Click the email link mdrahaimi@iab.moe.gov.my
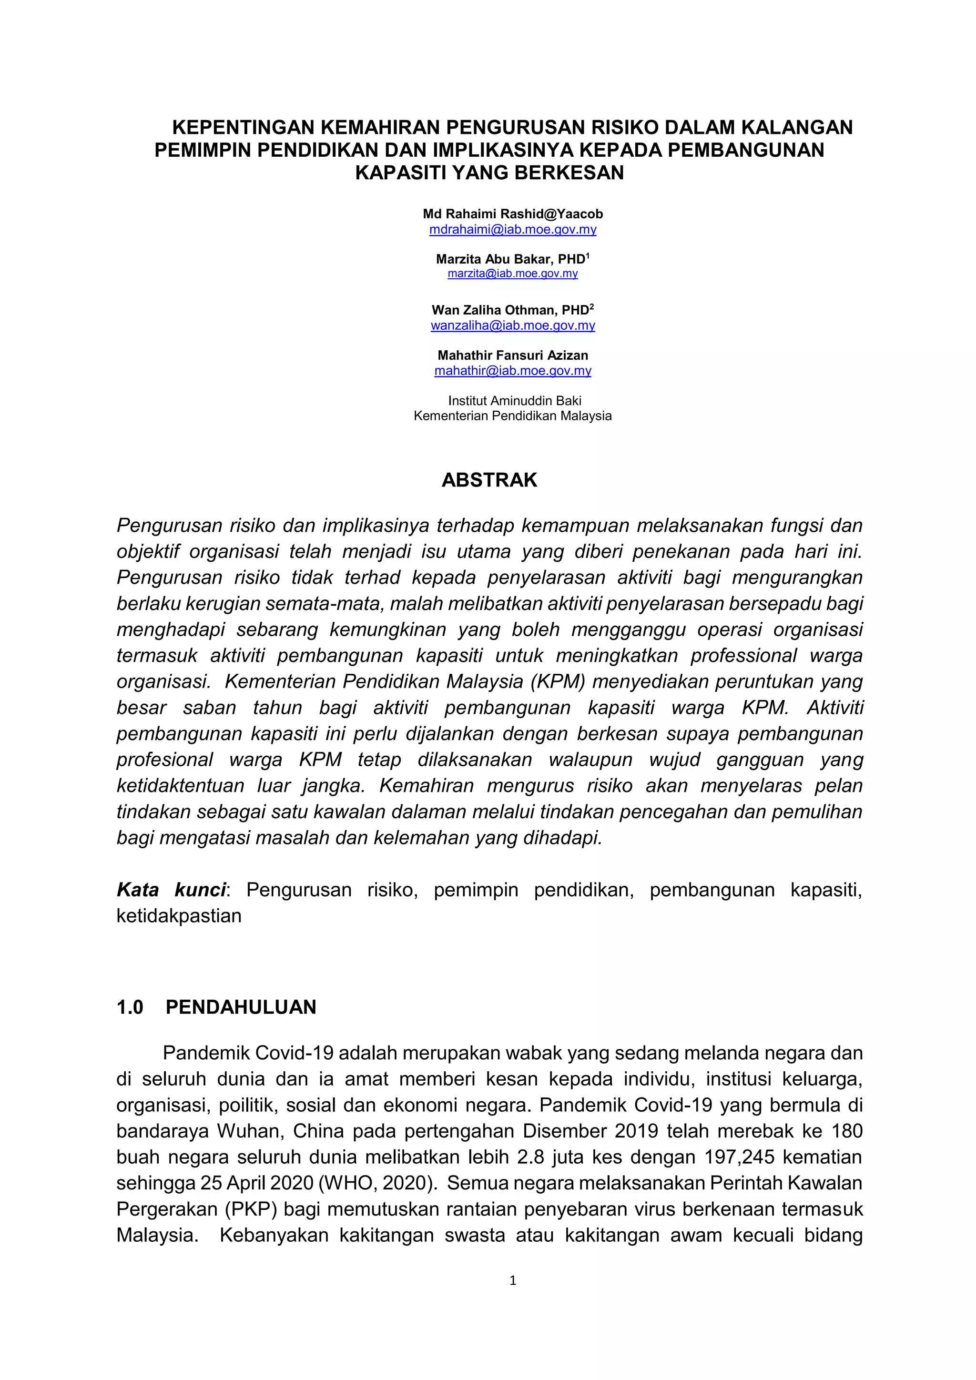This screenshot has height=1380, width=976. pos(513,230)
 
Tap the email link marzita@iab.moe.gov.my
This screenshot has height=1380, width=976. pos(513,274)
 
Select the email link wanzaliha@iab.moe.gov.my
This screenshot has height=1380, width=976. pos(513,326)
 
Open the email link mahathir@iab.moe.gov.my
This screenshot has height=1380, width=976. pos(513,371)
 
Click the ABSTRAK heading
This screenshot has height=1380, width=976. pos(489,480)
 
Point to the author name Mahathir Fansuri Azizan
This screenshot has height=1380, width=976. pos(513,355)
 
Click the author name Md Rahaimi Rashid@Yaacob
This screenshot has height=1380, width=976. pos(513,214)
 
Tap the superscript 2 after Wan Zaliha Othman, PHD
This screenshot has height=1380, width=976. pos(591,306)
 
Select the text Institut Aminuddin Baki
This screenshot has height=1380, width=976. pos(514,400)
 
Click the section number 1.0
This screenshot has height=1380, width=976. pos(130,1007)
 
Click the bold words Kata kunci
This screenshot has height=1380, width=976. pos(171,890)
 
